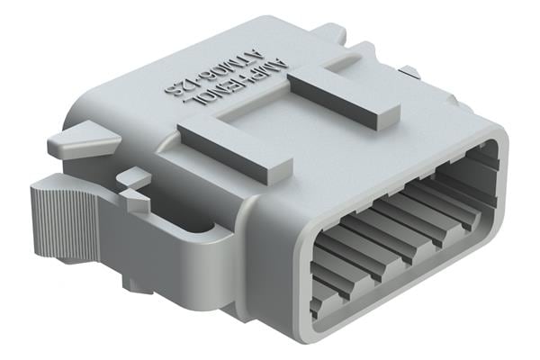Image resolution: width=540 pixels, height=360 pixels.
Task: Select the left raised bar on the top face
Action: point(236,144)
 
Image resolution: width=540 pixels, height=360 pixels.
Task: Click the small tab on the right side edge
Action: point(409,71)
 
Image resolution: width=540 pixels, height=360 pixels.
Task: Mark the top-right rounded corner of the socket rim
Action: point(493,144)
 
